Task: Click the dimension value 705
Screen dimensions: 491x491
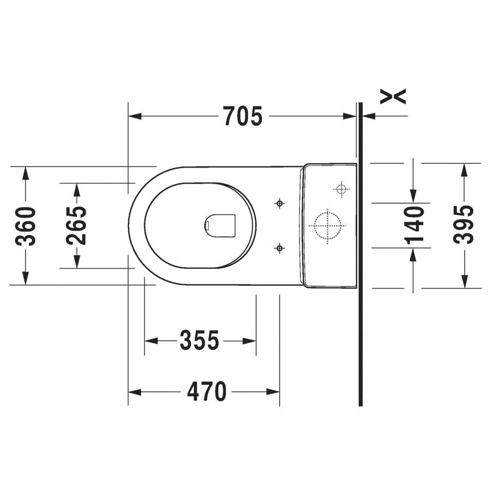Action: pos(243,116)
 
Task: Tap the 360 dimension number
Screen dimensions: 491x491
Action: pos(26,226)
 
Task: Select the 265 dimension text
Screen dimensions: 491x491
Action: pos(76,225)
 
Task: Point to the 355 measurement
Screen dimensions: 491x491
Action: pos(200,340)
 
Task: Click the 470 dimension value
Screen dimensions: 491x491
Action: pos(207,391)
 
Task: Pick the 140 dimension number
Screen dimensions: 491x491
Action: pos(414,225)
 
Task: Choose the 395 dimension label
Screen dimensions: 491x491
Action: pos(464,224)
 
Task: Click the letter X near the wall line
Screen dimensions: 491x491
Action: pos(393,97)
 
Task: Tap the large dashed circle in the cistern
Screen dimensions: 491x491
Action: pos(327,225)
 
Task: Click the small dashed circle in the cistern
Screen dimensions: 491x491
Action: pos(342,189)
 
